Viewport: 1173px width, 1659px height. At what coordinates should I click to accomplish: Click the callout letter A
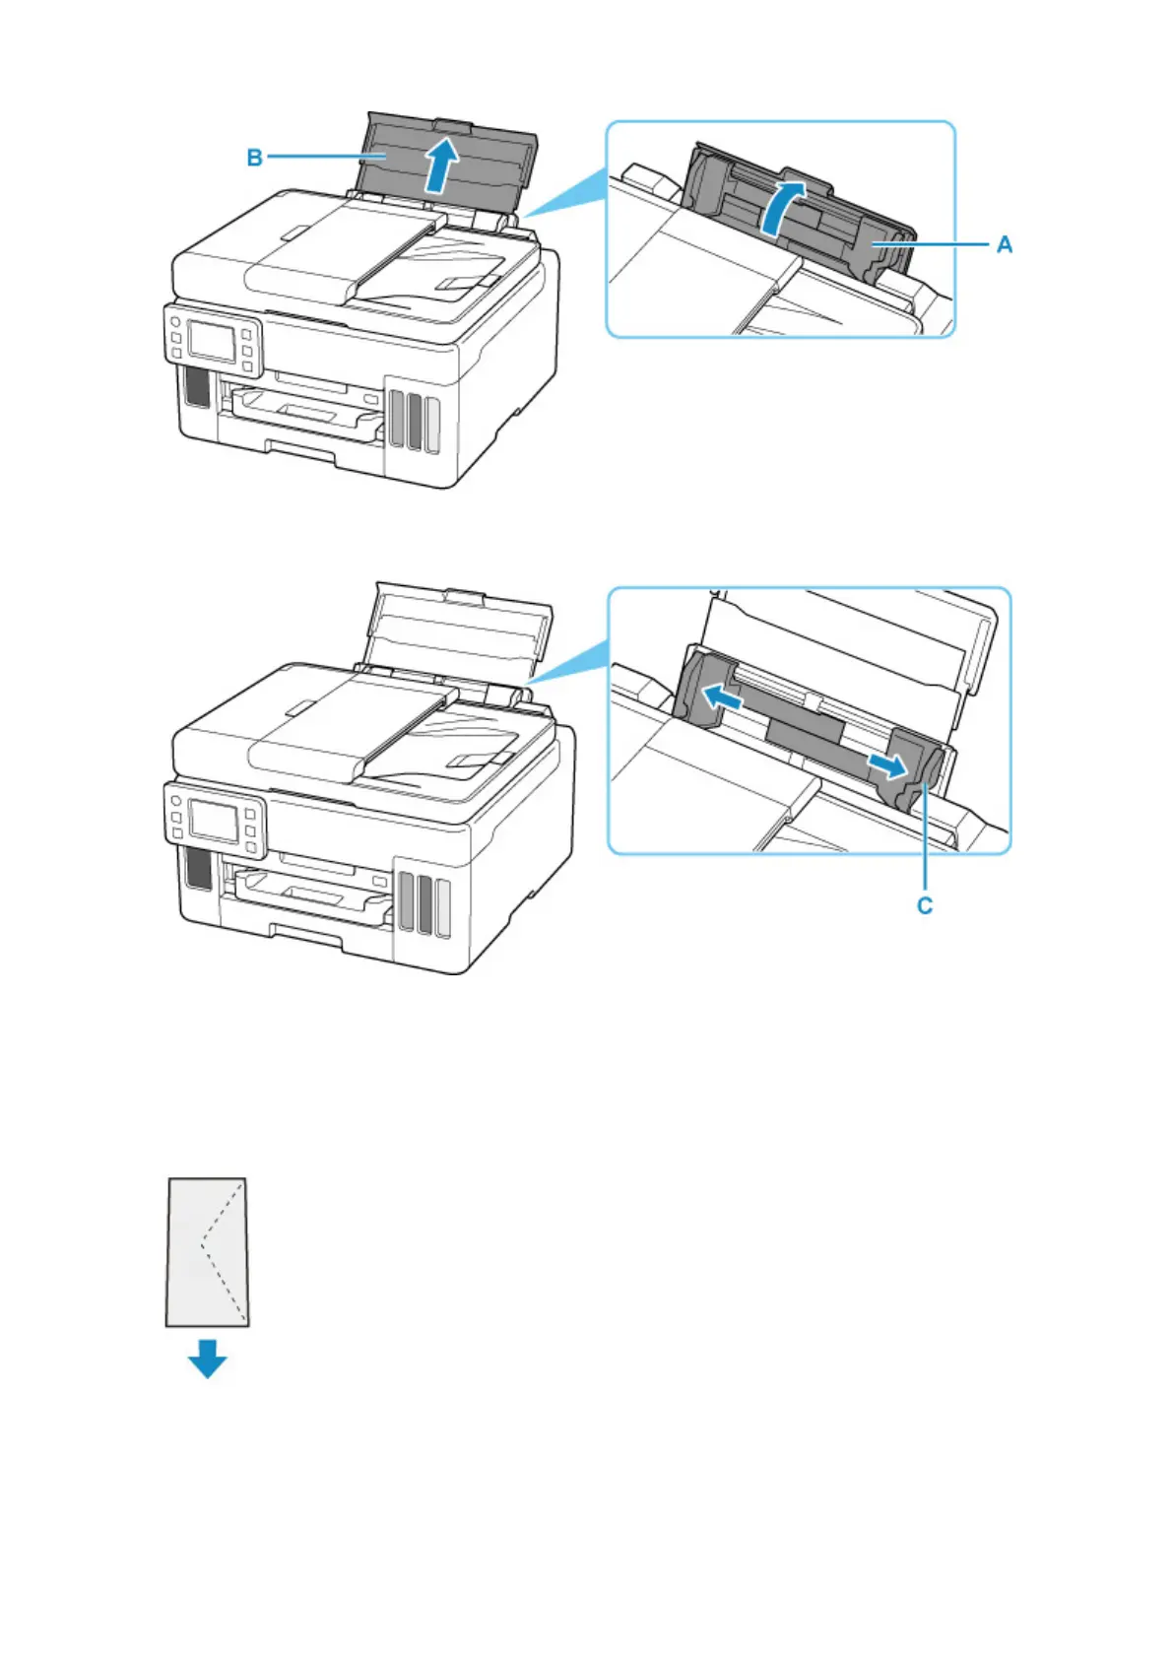pyautogui.click(x=1004, y=243)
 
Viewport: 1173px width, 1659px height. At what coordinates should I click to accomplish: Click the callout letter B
pyautogui.click(x=254, y=157)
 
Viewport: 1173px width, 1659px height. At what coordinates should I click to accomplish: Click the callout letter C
pyautogui.click(x=925, y=904)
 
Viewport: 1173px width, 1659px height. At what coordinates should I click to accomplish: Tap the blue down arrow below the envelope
pyautogui.click(x=208, y=1359)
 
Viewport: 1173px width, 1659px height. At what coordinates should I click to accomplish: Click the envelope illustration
pyautogui.click(x=207, y=1252)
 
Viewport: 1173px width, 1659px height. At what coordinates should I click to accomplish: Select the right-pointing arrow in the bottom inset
pyautogui.click(x=885, y=764)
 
